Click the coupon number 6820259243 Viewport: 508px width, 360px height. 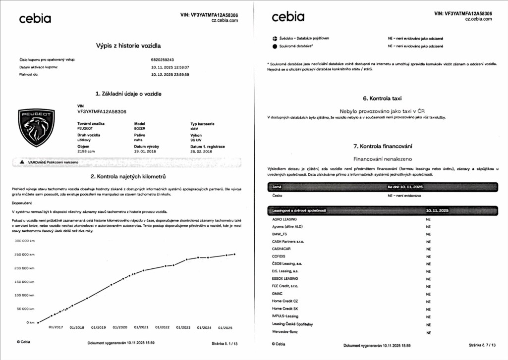point(162,59)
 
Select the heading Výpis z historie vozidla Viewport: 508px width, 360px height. point(128,46)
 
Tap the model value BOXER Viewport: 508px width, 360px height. point(140,128)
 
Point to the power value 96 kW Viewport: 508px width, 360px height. point(197,140)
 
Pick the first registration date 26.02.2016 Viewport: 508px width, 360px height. point(201,152)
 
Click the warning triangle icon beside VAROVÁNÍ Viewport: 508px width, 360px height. point(22,162)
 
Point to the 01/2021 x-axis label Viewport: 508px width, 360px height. point(141,327)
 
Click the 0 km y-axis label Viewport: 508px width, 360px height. point(30,322)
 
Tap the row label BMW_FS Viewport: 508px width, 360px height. point(280,234)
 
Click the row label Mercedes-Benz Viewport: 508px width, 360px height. point(285,331)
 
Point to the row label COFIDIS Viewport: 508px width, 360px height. point(279,256)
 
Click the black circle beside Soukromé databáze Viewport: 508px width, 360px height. point(275,47)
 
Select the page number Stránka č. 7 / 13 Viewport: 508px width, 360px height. point(480,345)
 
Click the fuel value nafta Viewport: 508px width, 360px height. point(139,140)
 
